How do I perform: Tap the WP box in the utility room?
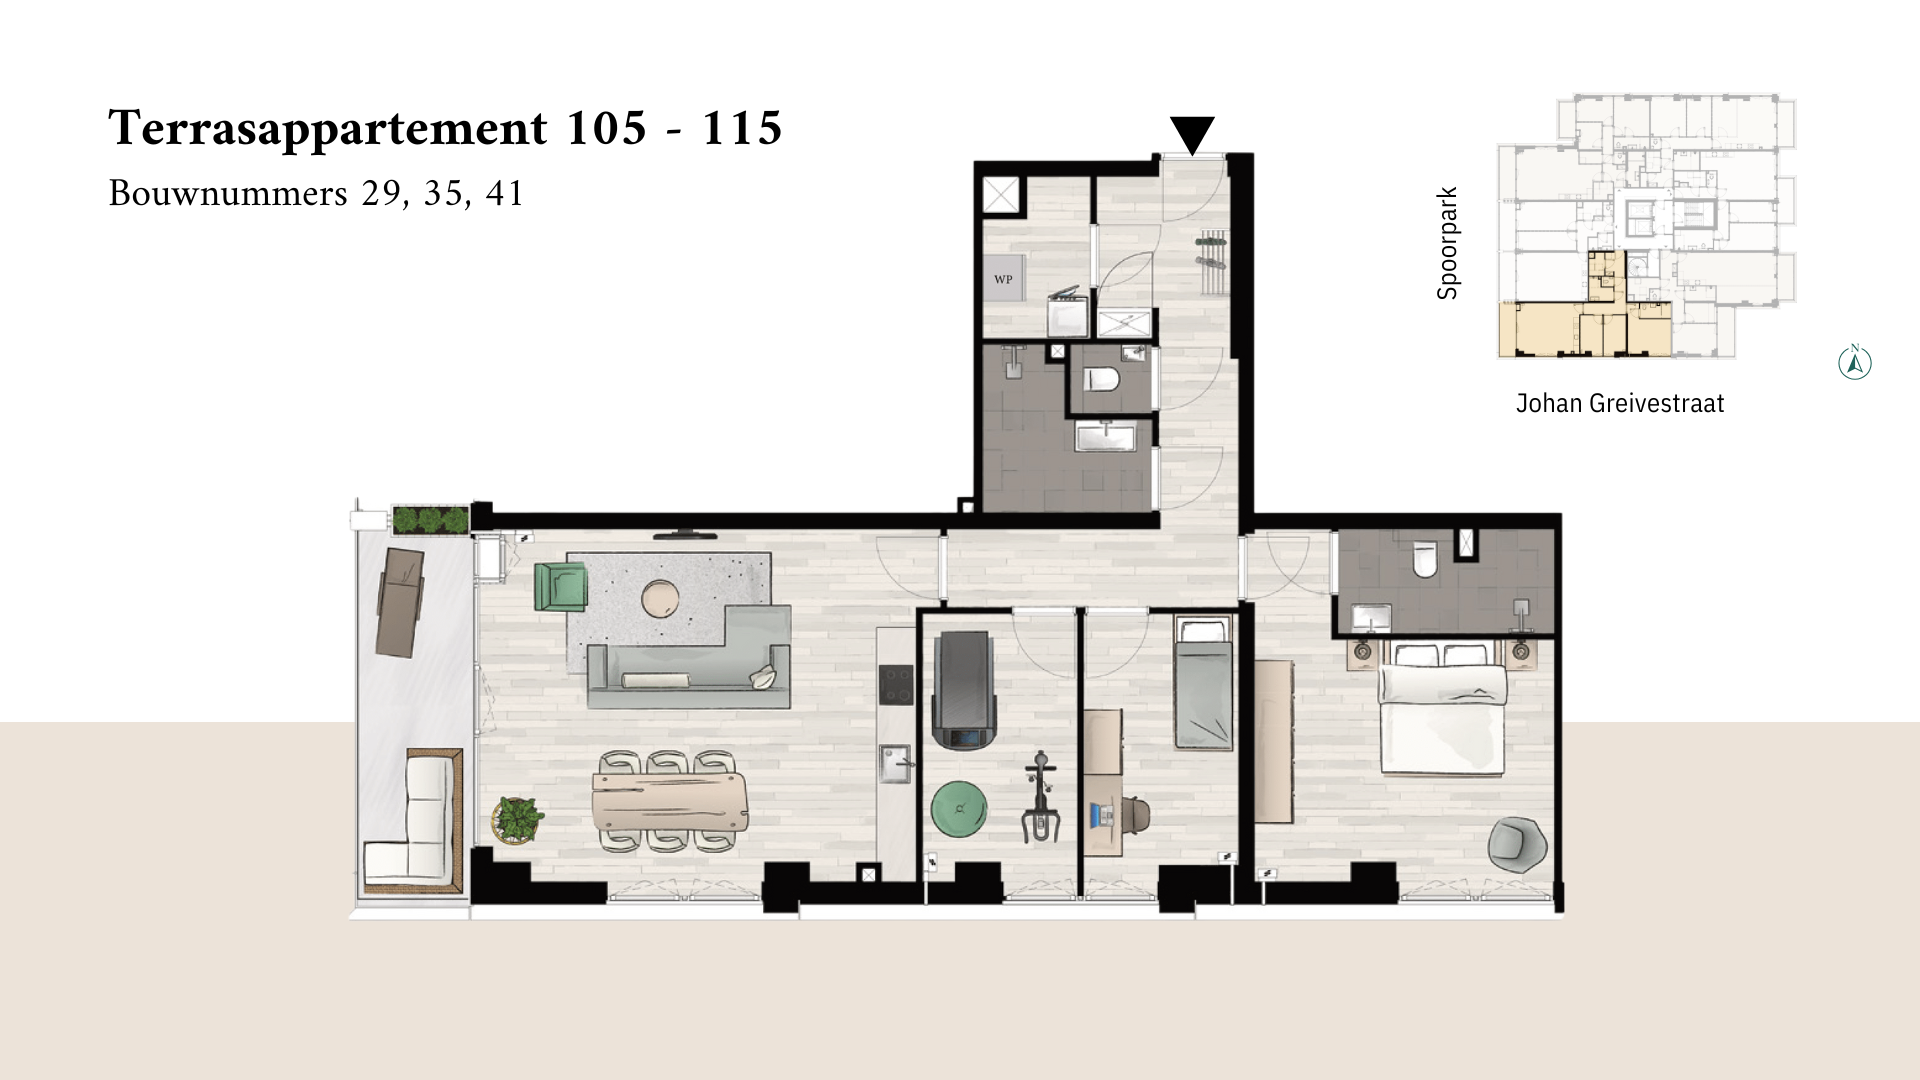pos(1004,280)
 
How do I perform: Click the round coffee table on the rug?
pos(660,599)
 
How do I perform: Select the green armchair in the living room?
pos(560,587)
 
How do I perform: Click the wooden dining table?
pos(669,802)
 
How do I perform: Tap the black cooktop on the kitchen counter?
pos(896,685)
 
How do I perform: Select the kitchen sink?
pos(896,764)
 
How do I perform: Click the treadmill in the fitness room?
pos(964,690)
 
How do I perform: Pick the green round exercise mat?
pos(959,808)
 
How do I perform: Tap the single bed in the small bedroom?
pos(1203,683)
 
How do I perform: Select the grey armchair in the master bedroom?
pos(1517,845)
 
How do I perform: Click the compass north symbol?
pos(1855,362)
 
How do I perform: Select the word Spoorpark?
pos(1447,243)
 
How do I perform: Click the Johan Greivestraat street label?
pos(1620,403)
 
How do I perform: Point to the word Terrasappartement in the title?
pos(328,129)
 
